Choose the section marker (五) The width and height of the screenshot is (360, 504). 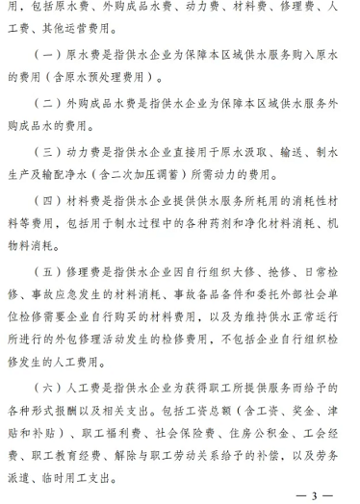tap(47, 284)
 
